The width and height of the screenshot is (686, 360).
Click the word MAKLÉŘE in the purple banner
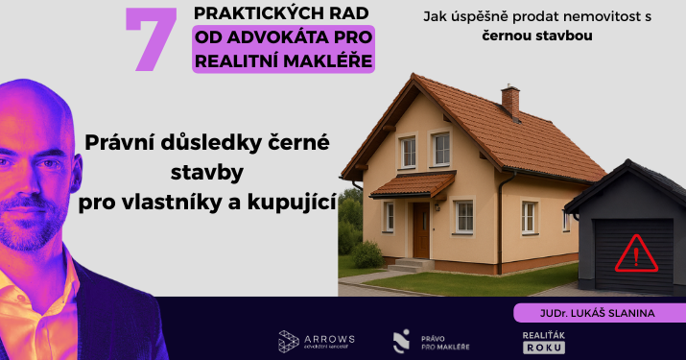click(x=330, y=60)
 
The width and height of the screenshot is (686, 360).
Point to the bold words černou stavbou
click(x=537, y=36)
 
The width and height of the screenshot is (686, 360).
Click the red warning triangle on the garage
click(x=633, y=254)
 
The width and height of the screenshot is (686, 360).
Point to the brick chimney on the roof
click(x=509, y=99)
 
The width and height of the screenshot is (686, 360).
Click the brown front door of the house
click(x=420, y=229)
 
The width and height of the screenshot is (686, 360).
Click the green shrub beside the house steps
click(x=367, y=254)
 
